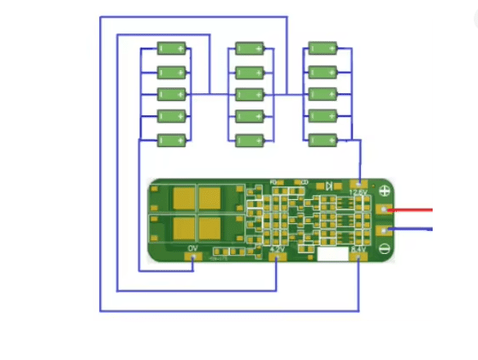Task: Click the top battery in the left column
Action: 172,49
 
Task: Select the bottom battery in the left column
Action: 172,139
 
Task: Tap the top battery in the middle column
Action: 249,49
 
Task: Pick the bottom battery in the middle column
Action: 249,139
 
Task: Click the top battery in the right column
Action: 322,49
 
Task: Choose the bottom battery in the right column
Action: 322,139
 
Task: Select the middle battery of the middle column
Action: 249,94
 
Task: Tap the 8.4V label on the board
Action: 358,250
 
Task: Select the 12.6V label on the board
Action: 358,192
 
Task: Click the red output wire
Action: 415,210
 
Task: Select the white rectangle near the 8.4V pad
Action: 329,253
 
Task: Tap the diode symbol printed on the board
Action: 328,184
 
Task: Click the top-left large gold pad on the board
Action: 184,199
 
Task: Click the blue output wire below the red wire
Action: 415,229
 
